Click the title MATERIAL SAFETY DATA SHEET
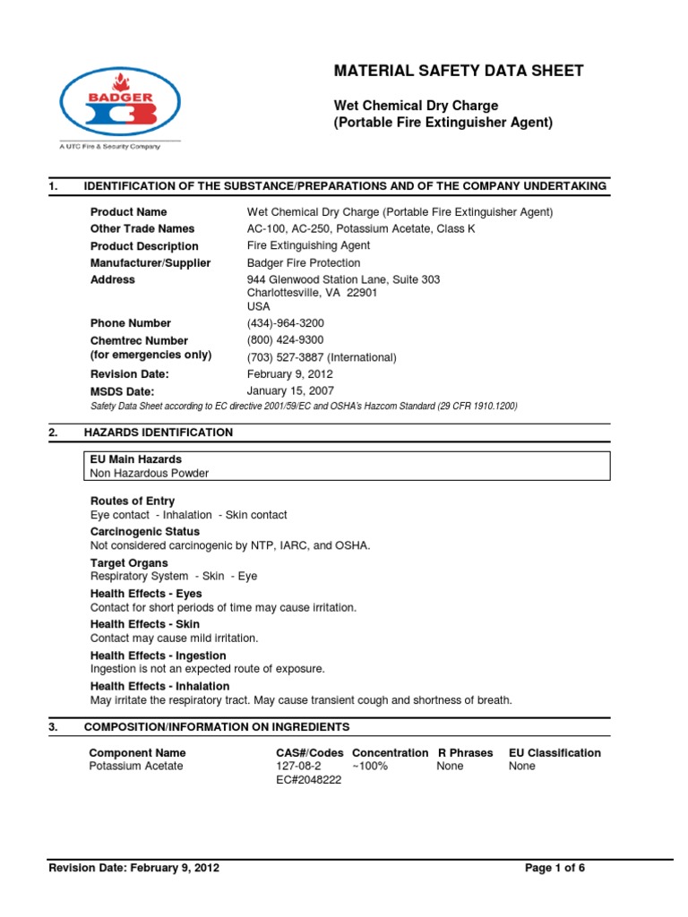(459, 71)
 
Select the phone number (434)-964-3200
(285, 323)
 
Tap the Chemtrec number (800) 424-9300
(285, 340)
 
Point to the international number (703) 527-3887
(321, 357)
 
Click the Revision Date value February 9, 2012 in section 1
(291, 374)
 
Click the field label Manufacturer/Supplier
(150, 263)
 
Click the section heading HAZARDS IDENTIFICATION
(158, 433)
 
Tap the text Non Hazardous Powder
(150, 474)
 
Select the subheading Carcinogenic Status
(145, 532)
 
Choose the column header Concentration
(390, 753)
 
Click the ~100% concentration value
(370, 767)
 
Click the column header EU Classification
(555, 753)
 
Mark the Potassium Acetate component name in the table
(137, 767)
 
